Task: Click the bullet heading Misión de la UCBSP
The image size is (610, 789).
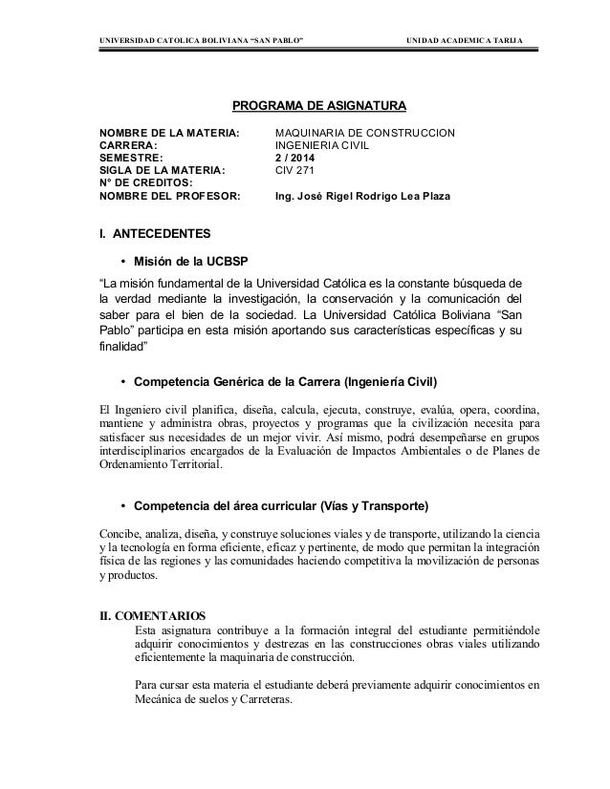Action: (x=195, y=263)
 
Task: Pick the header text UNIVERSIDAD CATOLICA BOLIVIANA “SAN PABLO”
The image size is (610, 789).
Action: (x=202, y=39)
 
